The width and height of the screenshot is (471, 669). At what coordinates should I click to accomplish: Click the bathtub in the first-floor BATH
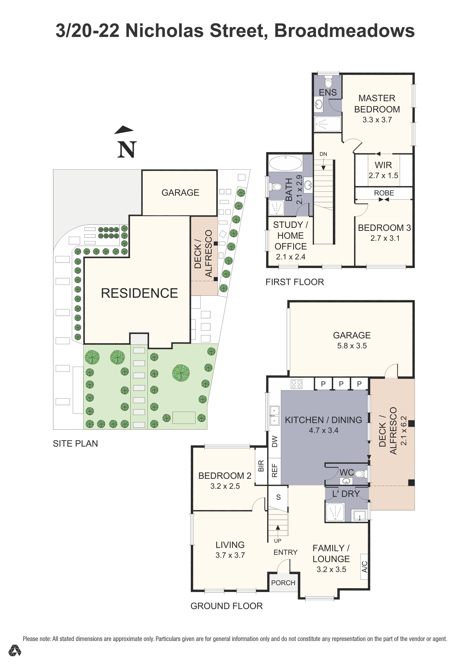[285, 163]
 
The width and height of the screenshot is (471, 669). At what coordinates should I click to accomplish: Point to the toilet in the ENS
[328, 83]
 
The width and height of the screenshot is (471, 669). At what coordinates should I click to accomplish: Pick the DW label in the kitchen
[274, 441]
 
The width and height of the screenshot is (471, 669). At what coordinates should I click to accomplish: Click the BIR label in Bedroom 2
[261, 466]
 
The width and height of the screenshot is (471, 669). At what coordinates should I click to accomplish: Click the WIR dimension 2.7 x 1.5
[383, 175]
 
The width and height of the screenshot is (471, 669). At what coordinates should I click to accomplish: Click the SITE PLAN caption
[75, 443]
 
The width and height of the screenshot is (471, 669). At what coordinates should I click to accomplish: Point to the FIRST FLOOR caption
[295, 282]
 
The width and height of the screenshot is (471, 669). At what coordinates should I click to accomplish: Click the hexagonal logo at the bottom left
[15, 659]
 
